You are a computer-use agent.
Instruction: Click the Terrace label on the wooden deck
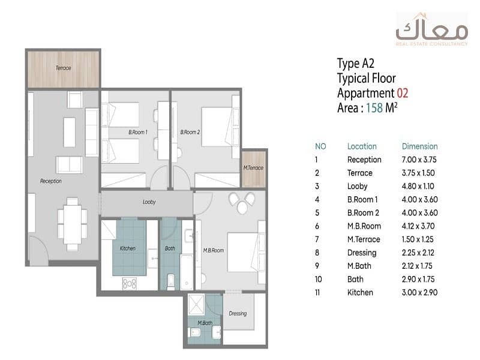[64, 68]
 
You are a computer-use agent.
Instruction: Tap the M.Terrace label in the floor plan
[253, 168]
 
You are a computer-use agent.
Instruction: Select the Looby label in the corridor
[149, 202]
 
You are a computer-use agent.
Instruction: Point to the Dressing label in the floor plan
[238, 313]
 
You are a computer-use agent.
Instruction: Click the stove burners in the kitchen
[130, 283]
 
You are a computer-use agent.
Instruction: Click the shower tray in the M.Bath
[196, 305]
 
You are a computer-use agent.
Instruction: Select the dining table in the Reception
[72, 224]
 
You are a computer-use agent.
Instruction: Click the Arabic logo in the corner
[432, 29]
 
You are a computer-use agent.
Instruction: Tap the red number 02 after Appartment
[403, 93]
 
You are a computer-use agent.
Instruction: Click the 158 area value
[374, 108]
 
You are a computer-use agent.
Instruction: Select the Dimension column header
[419, 146]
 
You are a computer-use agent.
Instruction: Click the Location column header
[362, 146]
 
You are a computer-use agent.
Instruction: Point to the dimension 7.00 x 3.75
[419, 160]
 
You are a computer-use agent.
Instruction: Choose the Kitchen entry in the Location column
[360, 292]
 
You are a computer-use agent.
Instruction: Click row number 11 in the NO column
[317, 293]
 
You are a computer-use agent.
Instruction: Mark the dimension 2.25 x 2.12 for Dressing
[418, 253]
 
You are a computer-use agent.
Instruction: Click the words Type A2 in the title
[356, 64]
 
